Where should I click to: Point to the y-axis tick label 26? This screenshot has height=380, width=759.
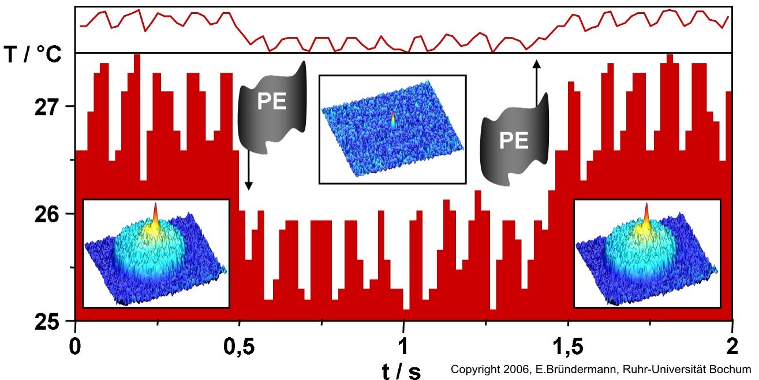click(50, 214)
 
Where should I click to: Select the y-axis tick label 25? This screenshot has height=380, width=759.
click(50, 321)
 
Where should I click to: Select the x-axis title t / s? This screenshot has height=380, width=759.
click(402, 370)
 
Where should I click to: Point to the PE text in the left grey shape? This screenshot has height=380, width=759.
click(271, 102)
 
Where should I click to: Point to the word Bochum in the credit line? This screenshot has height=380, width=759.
click(733, 369)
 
